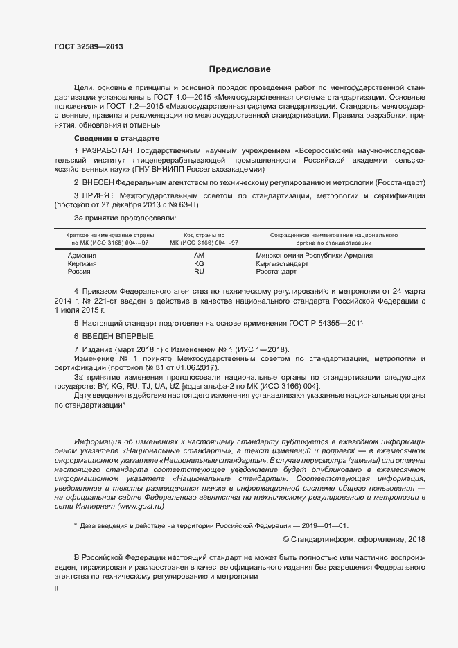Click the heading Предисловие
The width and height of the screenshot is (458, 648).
click(x=240, y=69)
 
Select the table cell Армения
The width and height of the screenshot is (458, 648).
click(x=82, y=256)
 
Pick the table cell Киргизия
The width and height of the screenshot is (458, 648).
click(x=82, y=264)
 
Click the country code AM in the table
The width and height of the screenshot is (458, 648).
click(x=200, y=256)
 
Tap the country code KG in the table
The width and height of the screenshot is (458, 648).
click(x=200, y=264)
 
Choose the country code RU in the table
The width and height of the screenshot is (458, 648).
click(x=200, y=272)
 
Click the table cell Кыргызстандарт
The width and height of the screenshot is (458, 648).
click(x=282, y=264)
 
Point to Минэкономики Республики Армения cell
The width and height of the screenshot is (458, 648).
click(x=309, y=256)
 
